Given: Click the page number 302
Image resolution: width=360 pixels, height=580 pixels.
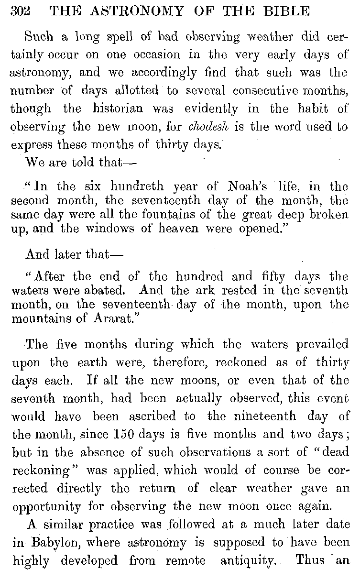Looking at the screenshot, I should (x=20, y=10).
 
